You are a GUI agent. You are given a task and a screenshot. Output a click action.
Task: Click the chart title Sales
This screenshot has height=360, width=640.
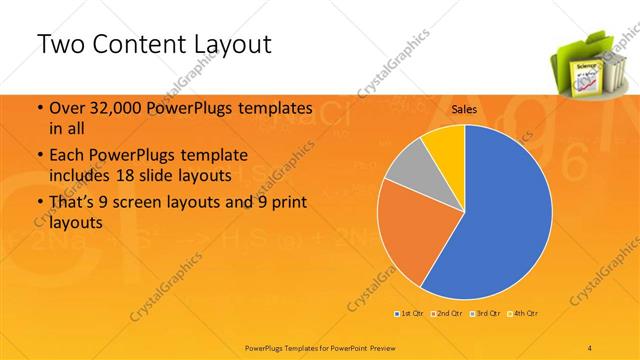tap(464, 109)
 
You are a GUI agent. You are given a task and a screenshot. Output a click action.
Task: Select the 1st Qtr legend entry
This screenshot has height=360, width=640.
tap(409, 315)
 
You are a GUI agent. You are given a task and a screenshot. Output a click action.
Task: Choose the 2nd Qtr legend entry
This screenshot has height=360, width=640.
tap(446, 315)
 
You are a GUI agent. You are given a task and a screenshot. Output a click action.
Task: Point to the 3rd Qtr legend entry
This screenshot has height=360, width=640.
tap(485, 315)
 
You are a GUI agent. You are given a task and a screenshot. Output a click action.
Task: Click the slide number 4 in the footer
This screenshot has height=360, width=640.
tap(590, 346)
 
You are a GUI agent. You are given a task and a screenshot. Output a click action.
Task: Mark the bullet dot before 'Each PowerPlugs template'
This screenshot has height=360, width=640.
tap(39, 155)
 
